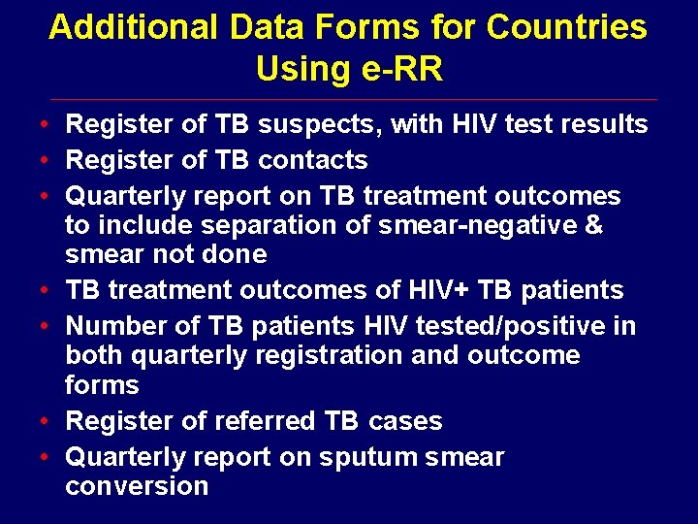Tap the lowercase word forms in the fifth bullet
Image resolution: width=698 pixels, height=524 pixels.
click(x=102, y=385)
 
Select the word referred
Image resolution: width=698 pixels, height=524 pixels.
click(x=263, y=421)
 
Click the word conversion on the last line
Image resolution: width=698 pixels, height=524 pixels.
click(x=137, y=486)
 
